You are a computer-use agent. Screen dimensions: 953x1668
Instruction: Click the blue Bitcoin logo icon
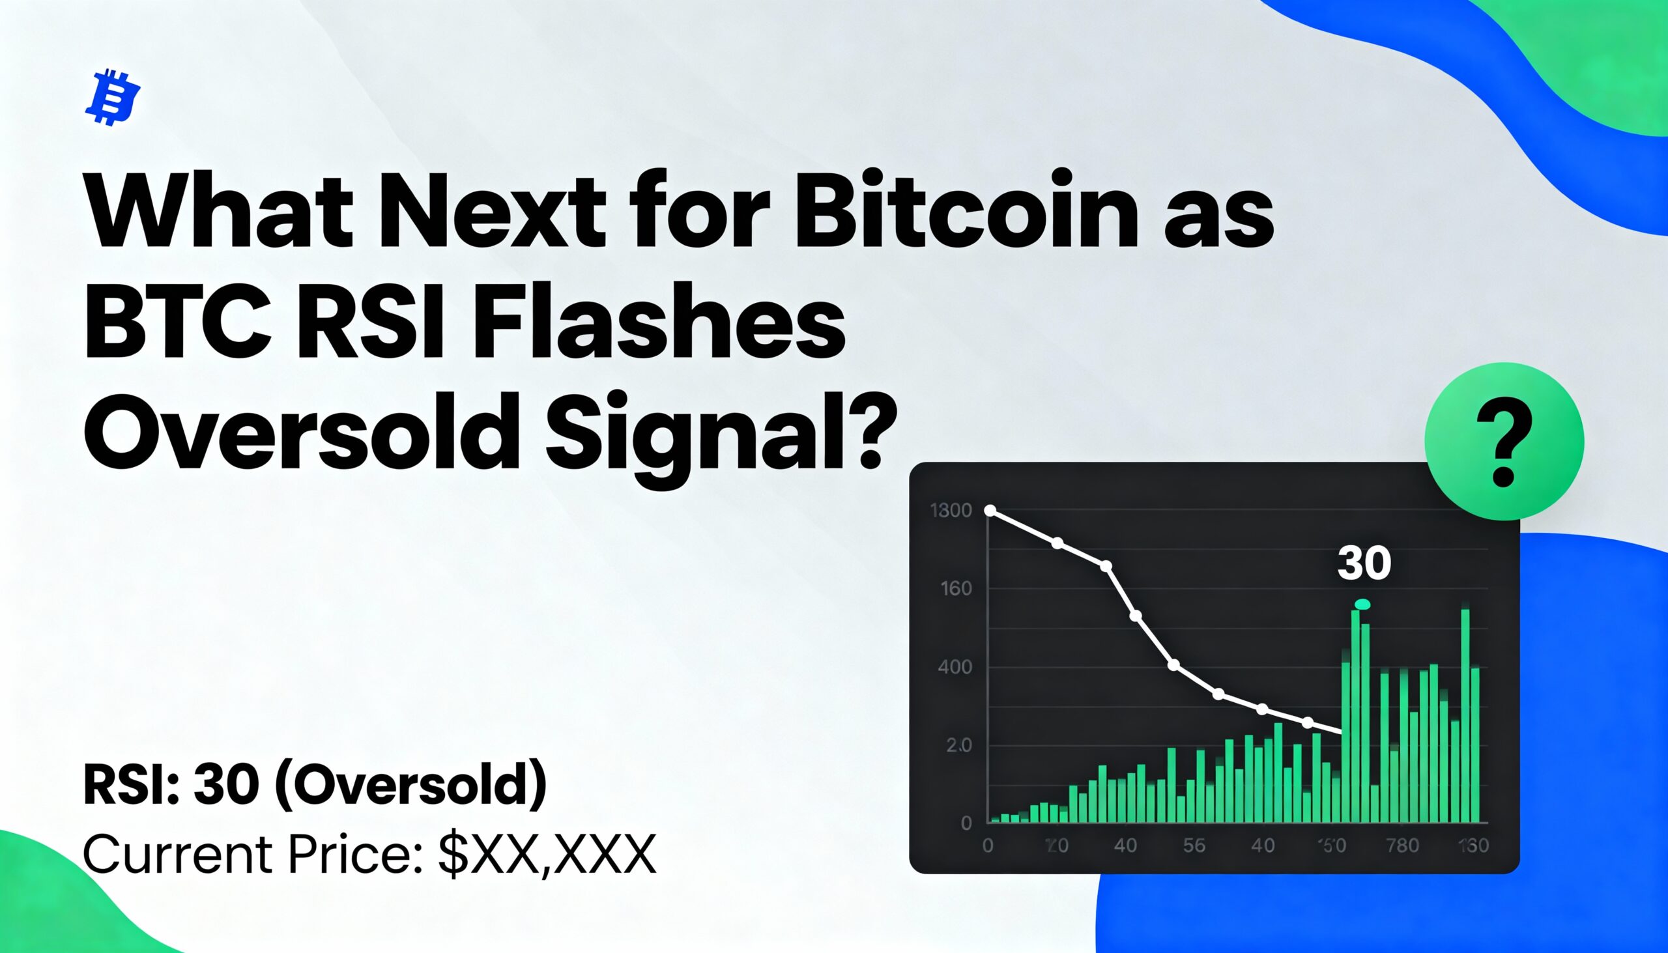coord(113,98)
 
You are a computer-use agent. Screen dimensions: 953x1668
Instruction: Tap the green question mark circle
coord(1504,441)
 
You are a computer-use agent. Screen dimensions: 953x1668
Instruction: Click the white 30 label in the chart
coord(1364,563)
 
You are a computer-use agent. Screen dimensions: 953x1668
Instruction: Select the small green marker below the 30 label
coord(1363,604)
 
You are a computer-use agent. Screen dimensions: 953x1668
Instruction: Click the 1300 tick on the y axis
coord(951,511)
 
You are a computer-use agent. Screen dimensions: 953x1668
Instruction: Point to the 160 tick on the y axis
coord(956,588)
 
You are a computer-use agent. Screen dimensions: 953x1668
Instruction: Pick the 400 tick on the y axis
coord(955,667)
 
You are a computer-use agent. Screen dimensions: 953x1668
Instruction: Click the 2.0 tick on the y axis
coord(958,745)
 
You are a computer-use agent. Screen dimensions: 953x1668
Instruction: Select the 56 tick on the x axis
coord(1194,846)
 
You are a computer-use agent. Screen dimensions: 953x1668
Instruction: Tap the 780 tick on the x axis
coord(1402,846)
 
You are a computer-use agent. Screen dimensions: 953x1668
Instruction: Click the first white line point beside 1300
coord(990,511)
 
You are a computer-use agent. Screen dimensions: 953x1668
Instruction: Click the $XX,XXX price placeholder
coord(547,854)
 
